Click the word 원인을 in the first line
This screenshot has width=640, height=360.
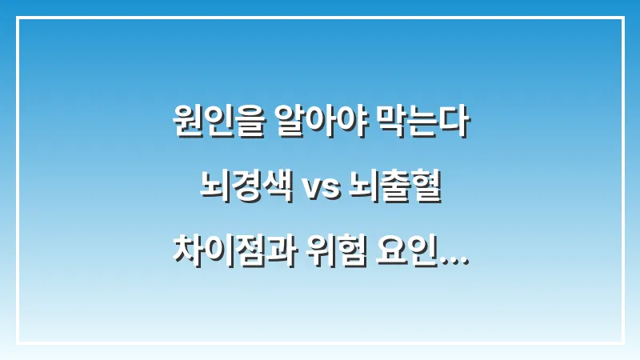[211, 126]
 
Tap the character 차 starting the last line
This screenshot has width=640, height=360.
[186, 253]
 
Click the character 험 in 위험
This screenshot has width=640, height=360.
[350, 253]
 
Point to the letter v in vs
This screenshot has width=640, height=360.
[311, 192]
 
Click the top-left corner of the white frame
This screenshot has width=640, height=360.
[18, 18]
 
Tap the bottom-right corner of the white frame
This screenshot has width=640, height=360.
[622, 342]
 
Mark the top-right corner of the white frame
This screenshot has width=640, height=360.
[622, 18]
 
